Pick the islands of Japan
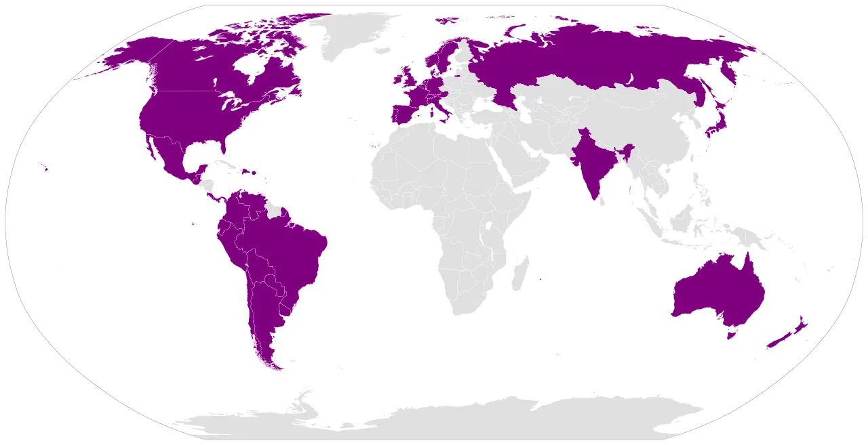[718, 122]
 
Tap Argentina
[264, 318]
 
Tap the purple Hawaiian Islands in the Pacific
[46, 169]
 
